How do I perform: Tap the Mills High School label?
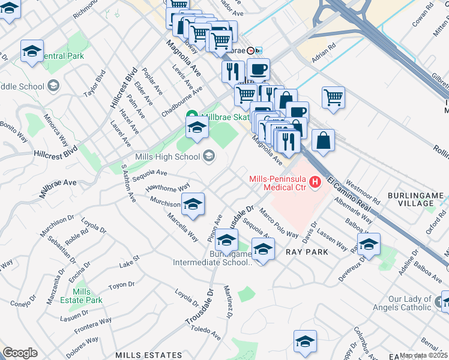click(168, 157)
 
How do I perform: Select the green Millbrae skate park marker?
click(192, 116)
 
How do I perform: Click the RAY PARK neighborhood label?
click(306, 252)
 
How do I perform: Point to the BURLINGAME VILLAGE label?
click(418, 199)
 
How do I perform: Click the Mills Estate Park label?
click(85, 296)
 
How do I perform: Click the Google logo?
click(20, 353)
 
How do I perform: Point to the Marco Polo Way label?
click(279, 223)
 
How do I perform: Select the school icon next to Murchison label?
click(193, 205)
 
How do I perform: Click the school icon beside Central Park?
click(32, 52)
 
